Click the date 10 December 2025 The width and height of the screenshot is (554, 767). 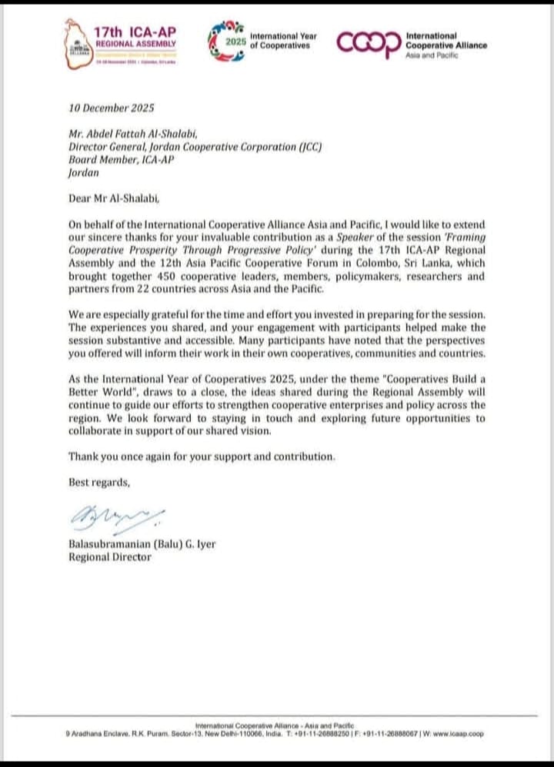coord(112,108)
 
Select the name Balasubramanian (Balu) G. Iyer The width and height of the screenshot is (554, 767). coord(142,545)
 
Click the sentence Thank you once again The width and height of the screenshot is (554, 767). coord(201,457)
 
